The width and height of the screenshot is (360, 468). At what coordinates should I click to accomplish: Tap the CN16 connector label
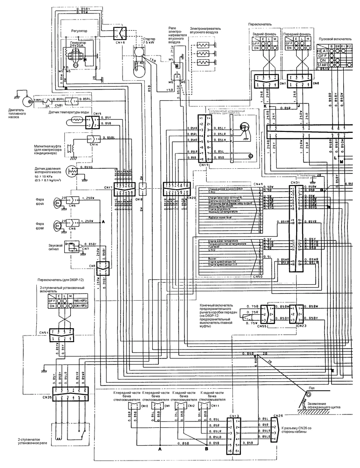(x=120, y=42)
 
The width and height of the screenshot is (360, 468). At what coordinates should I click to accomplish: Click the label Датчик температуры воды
(x=65, y=113)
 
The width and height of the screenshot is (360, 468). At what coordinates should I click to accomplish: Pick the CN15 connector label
(x=97, y=114)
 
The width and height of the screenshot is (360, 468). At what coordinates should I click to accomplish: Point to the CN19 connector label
(x=204, y=165)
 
